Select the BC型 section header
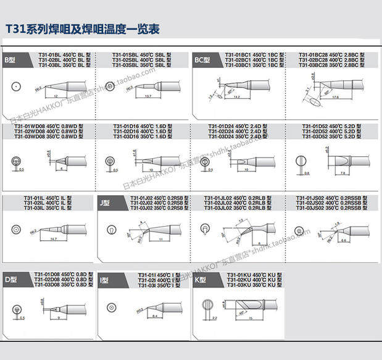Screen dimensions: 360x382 202,61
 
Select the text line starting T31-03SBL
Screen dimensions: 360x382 124,65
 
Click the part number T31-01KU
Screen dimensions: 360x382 235,274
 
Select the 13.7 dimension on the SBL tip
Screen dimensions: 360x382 147,96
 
